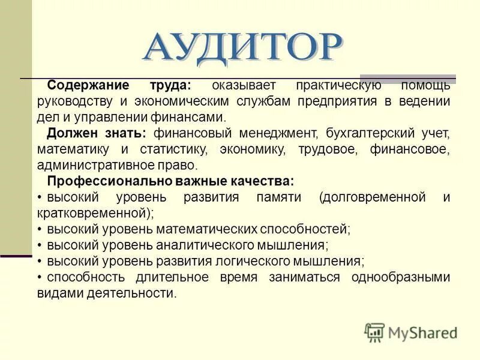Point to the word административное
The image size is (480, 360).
coord(98,164)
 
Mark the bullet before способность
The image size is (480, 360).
coord(40,277)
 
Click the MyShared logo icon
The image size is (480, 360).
coord(374,332)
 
